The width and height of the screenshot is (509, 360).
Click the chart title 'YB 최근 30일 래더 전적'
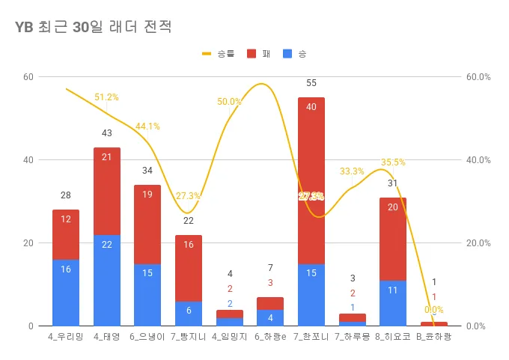[x=94, y=28]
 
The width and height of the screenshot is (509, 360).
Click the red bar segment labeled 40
[x=311, y=180]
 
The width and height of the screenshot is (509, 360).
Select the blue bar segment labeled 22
[x=106, y=281]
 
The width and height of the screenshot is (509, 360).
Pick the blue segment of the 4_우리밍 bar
[x=66, y=292]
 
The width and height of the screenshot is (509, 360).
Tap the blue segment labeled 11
[x=392, y=302]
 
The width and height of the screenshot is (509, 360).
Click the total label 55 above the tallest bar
[x=311, y=83]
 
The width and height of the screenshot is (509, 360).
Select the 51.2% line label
[x=106, y=97]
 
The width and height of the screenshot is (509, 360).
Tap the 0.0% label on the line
[x=434, y=310]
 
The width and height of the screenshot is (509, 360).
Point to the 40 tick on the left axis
[x=28, y=160]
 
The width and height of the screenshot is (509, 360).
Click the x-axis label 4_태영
[x=106, y=337]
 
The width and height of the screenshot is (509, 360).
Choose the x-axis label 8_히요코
[x=392, y=337]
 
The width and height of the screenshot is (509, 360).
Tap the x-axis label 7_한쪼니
[x=311, y=337]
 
